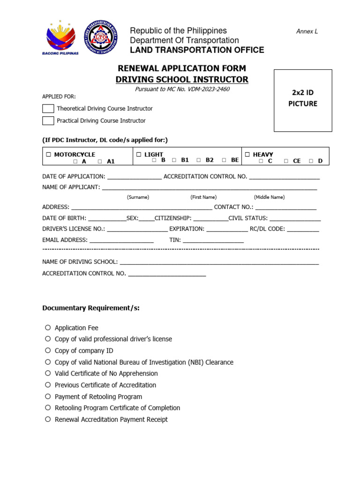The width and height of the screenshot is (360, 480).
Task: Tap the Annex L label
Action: tap(307, 31)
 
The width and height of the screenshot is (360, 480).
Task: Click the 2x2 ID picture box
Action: tap(303, 100)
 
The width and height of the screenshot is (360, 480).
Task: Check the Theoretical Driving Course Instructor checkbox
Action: tap(48, 109)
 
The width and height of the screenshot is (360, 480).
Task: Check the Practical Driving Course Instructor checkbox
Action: tap(48, 121)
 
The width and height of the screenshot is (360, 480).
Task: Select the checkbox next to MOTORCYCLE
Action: tap(49, 155)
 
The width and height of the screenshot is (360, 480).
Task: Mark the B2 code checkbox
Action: tap(199, 160)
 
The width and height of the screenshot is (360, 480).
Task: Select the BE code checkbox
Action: tap(224, 160)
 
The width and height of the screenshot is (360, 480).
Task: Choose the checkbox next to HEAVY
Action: tap(247, 155)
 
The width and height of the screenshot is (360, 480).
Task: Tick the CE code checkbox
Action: tap(286, 161)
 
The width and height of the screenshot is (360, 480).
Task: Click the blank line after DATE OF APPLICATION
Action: tap(135, 177)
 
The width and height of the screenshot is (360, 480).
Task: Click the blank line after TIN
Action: tap(213, 240)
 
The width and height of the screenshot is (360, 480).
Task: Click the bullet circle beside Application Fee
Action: tap(48, 328)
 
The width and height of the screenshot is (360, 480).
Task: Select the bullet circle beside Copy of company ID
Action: tap(48, 351)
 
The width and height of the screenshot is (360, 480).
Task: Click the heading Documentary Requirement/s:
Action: tap(91, 308)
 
